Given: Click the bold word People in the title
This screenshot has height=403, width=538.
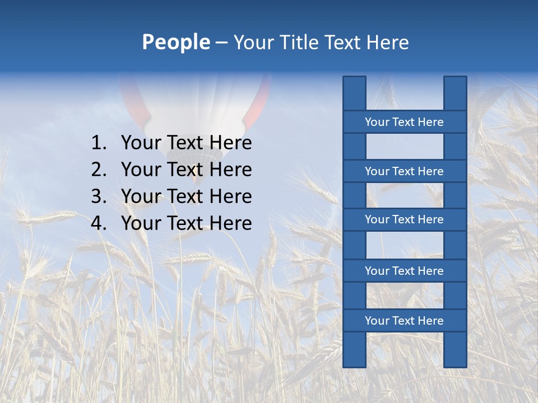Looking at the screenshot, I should (175, 43).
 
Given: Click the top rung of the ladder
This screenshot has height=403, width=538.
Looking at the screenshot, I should (404, 122).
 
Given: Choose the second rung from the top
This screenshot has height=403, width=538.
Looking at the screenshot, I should (404, 171).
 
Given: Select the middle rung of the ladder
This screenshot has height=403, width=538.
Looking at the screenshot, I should (404, 219).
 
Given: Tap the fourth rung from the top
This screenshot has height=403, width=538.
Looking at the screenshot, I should (404, 271).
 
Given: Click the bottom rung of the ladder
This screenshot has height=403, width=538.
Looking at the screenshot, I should (404, 321).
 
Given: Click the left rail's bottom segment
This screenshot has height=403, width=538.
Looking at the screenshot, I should (354, 349).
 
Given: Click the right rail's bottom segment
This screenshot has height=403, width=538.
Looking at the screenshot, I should (455, 349).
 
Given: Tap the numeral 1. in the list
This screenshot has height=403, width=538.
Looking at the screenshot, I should (98, 143).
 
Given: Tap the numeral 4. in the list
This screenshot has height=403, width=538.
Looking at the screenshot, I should (98, 223).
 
